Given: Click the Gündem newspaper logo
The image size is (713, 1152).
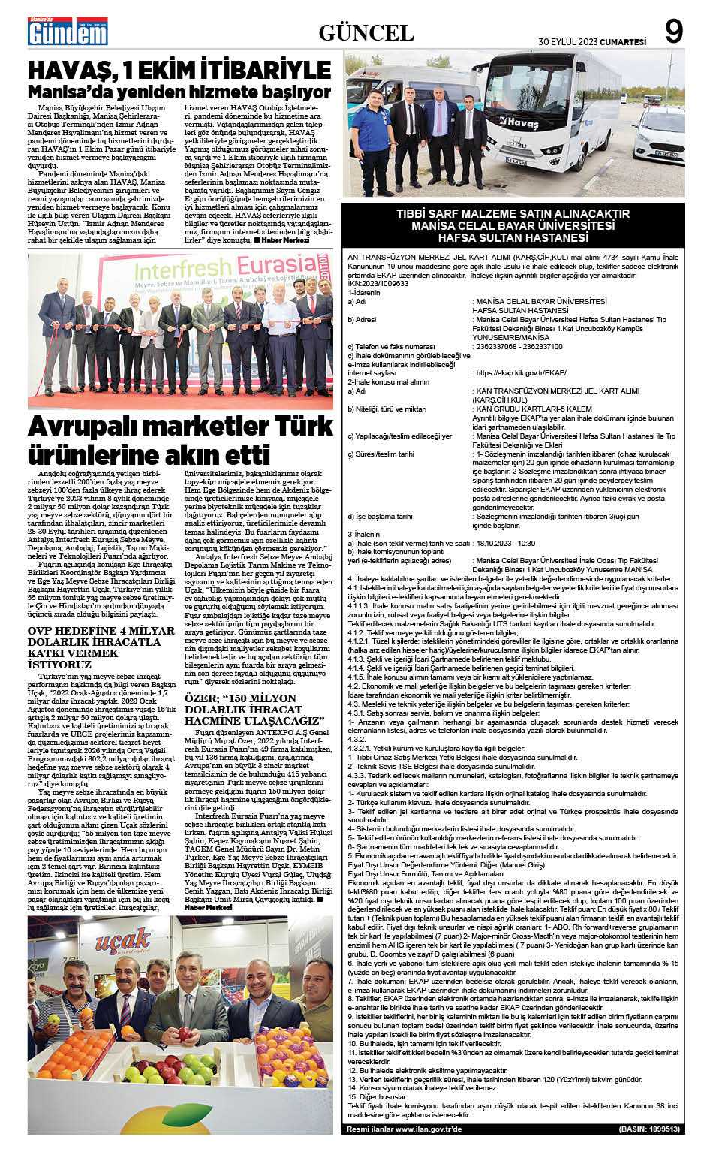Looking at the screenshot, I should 68,32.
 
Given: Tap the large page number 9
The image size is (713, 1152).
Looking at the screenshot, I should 674,32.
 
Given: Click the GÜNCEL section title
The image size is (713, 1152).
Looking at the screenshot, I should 366,32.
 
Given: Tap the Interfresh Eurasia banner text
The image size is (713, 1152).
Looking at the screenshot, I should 225,270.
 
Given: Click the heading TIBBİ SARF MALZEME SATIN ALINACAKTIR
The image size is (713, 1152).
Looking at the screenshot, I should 513,214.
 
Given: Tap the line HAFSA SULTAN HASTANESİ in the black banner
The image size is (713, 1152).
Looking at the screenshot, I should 513,238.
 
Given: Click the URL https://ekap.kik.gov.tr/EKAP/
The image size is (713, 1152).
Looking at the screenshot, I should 519,372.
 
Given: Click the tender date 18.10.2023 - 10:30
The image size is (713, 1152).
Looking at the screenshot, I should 504,544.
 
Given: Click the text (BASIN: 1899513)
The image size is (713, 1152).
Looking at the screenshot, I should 649,1129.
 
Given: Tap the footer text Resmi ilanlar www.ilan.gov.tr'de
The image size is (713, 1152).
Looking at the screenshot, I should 405,1129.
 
